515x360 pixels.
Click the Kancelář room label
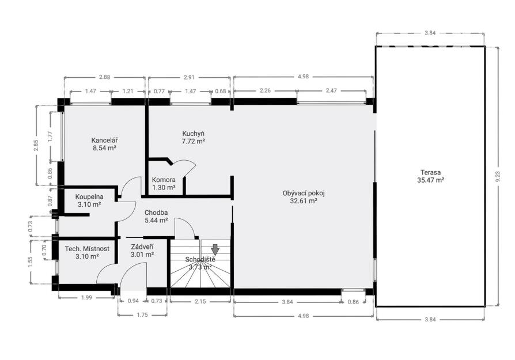pos(105,141)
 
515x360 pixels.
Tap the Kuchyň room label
pos(194,134)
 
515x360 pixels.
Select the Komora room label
pos(164,180)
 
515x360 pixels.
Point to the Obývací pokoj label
pos(304,193)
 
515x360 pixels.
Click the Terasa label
pos(430,172)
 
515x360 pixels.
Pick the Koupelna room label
pos(89,197)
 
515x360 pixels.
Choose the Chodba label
pos(156,213)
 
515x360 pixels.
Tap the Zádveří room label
pos(142,247)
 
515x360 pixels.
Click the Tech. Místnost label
pos(87,249)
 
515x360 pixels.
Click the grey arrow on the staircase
pos(215,249)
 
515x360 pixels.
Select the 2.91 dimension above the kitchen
pos(189,78)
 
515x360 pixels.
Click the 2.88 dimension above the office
pos(104,78)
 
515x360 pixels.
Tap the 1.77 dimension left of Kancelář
pos(50,137)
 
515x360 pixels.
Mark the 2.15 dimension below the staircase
pos(200,301)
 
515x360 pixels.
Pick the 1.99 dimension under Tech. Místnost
pos(86,298)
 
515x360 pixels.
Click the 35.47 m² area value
pos(430,180)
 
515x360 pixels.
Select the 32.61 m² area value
pos(304,201)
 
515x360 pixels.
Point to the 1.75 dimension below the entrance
pos(142,314)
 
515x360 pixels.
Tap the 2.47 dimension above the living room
pos(331,90)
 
